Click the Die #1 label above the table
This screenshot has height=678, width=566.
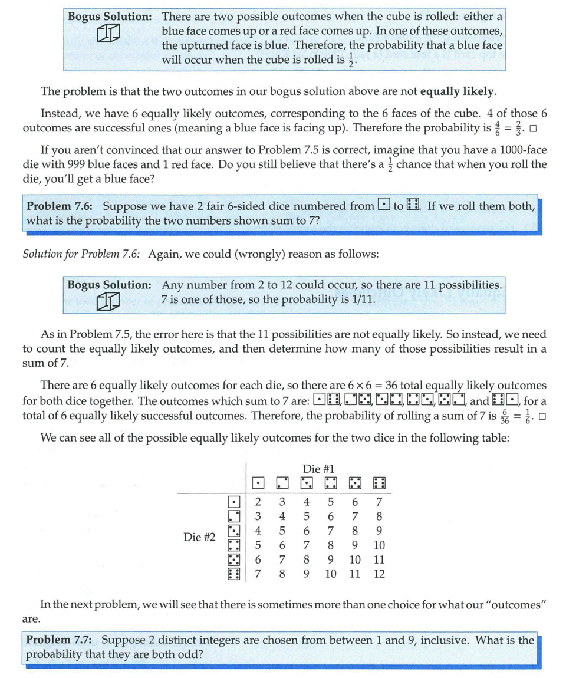pyautogui.click(x=318, y=469)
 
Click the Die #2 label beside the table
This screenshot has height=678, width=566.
pyautogui.click(x=199, y=537)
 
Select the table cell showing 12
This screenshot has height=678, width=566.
pyautogui.click(x=379, y=573)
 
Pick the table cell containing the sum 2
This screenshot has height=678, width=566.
pyautogui.click(x=258, y=502)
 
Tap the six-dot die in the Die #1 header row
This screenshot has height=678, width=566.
pyautogui.click(x=379, y=483)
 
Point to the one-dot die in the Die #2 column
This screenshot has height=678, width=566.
pyautogui.click(x=234, y=502)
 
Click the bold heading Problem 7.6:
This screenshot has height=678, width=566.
pyautogui.click(x=62, y=206)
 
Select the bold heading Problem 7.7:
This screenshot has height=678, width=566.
pyautogui.click(x=61, y=640)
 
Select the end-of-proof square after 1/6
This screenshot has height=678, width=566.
pyautogui.click(x=542, y=417)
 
